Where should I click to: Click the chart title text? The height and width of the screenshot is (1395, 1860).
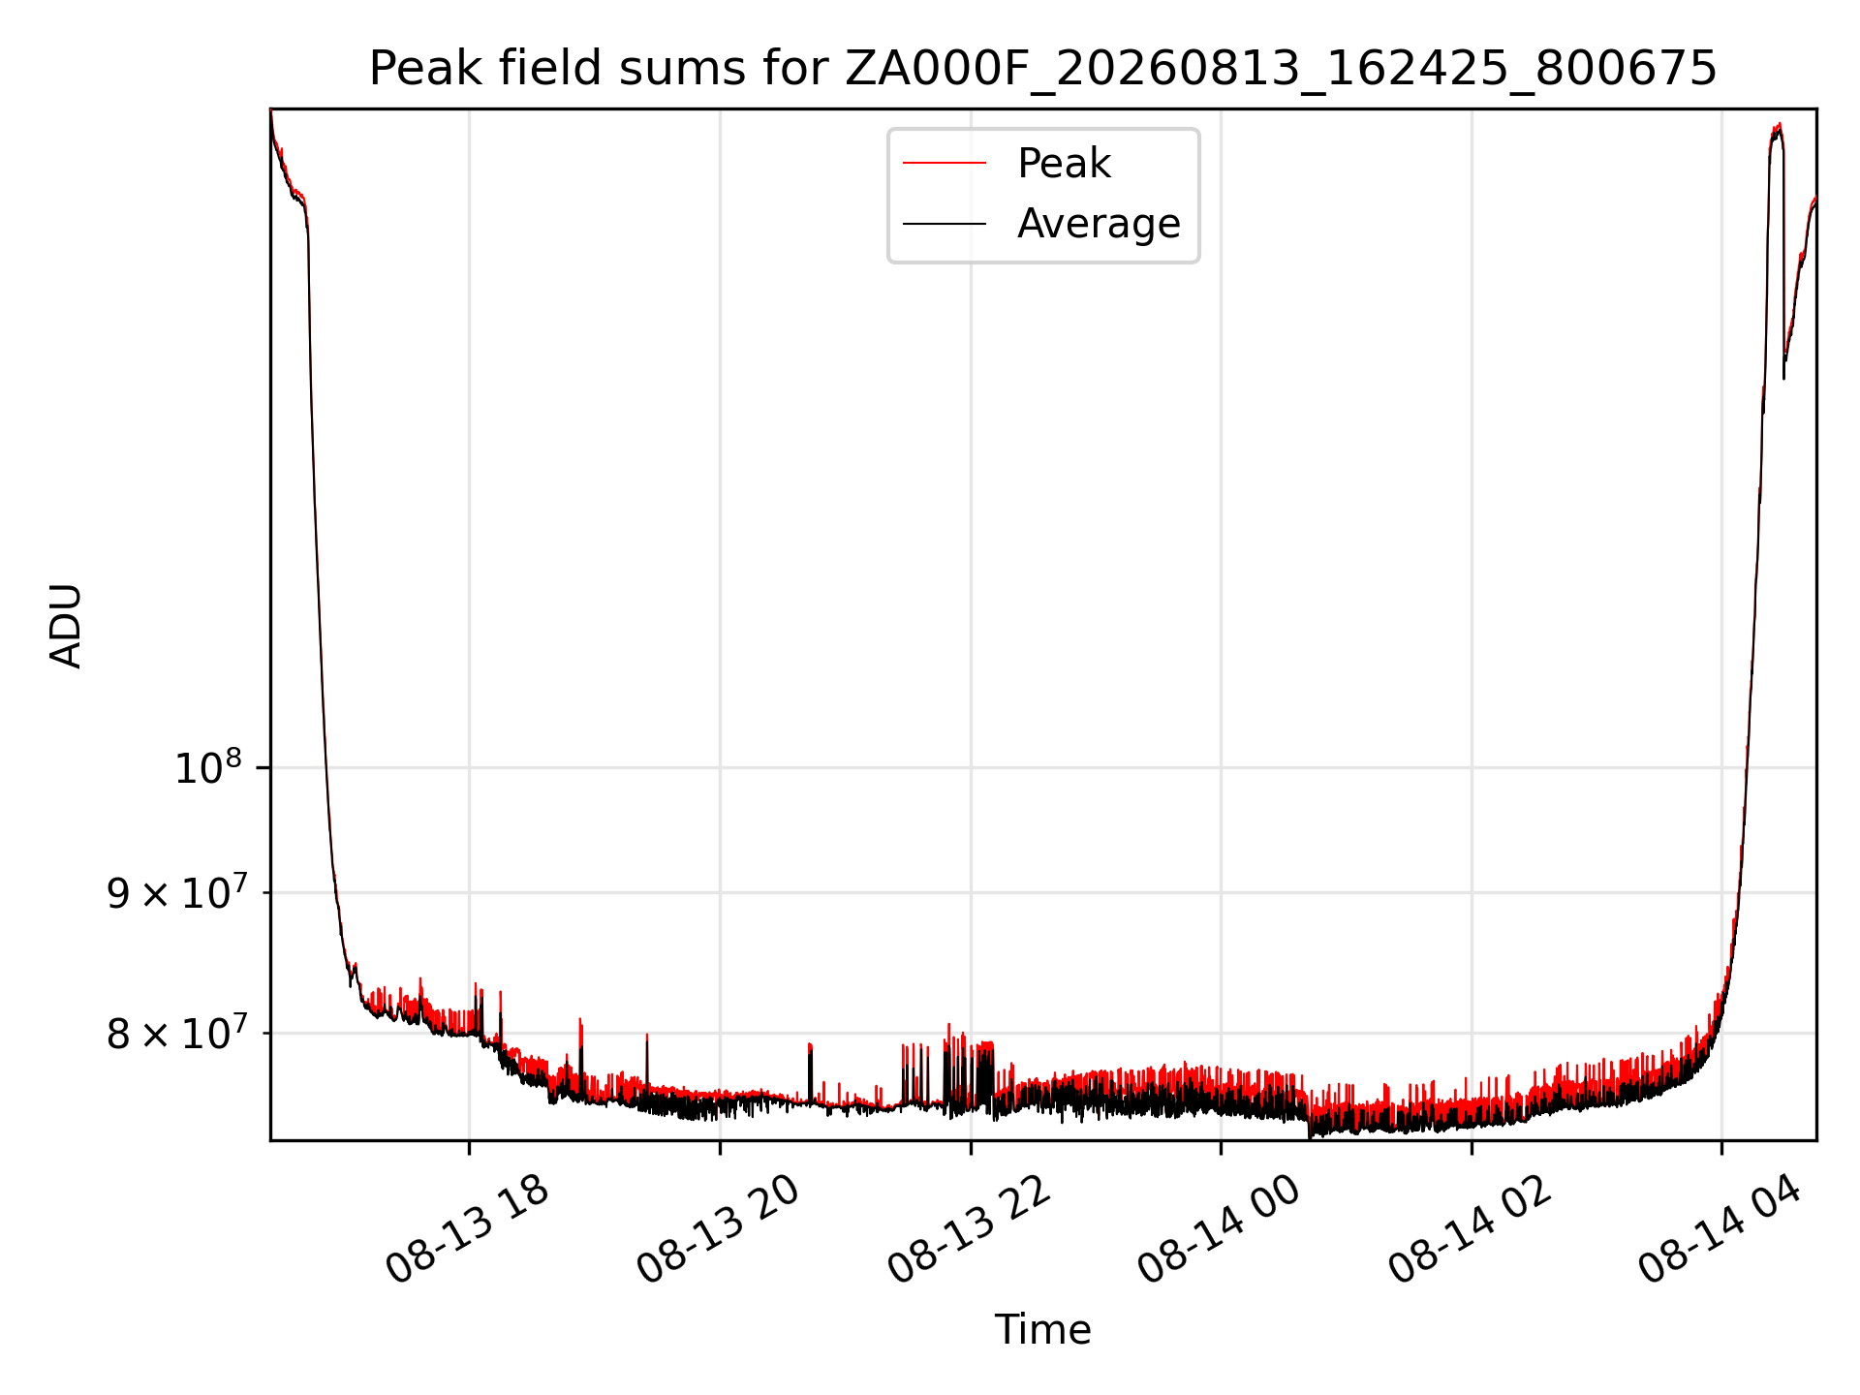(x=1042, y=69)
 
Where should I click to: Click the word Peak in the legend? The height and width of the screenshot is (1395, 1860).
(x=1064, y=164)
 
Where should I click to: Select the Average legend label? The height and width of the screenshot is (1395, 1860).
(x=1099, y=224)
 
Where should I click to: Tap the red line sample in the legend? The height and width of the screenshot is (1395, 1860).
(x=945, y=164)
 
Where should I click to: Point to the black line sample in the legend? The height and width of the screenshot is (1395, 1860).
(x=945, y=224)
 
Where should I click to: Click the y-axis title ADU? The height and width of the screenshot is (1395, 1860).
(x=66, y=626)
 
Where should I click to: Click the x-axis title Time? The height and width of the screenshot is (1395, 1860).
(x=1042, y=1330)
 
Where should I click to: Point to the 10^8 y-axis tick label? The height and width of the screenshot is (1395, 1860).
(x=207, y=768)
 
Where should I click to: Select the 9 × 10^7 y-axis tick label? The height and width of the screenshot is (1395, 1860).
(x=176, y=892)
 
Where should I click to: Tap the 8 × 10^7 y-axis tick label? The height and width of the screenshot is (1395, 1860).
(x=176, y=1033)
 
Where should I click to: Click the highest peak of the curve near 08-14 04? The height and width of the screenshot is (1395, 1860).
(x=1779, y=125)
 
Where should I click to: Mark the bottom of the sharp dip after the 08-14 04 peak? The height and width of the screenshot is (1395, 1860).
(x=1784, y=377)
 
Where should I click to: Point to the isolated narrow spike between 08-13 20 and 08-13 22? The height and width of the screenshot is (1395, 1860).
(x=810, y=1046)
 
